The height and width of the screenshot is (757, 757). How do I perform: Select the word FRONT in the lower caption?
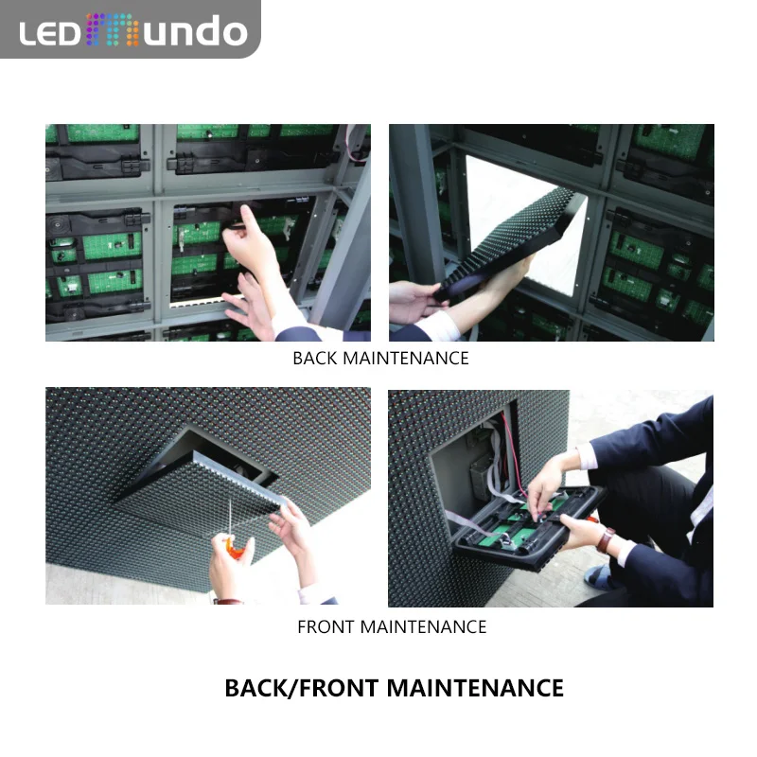[326, 626]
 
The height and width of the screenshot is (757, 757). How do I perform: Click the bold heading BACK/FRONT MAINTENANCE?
[394, 688]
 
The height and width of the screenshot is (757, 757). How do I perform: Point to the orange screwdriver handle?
[230, 548]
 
